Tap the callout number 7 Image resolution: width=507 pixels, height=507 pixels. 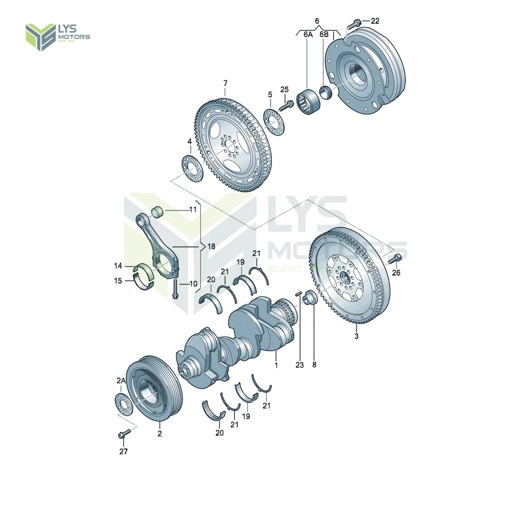(226, 83)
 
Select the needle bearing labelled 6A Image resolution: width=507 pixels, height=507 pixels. (309, 101)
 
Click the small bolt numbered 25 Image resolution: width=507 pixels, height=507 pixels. (287, 104)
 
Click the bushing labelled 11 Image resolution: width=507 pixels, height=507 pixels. (158, 211)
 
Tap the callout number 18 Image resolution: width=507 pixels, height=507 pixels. (211, 246)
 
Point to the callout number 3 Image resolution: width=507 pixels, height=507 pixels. (356, 336)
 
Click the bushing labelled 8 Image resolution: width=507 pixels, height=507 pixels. (309, 301)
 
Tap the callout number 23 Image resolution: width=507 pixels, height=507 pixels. (300, 365)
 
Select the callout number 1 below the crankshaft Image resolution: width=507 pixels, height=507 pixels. (276, 365)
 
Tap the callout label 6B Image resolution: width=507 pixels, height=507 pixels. (324, 34)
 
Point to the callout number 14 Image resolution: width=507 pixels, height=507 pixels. (118, 266)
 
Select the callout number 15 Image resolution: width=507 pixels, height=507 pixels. (118, 281)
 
